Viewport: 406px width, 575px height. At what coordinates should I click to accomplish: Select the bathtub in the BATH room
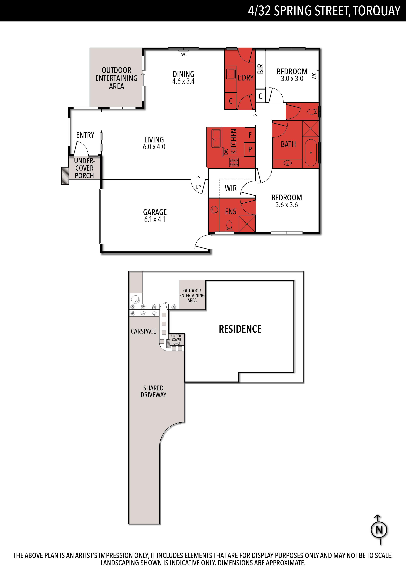coord(311,152)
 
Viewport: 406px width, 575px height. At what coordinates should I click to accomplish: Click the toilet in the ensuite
coord(229,225)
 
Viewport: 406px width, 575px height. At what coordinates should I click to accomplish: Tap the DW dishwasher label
coord(226,151)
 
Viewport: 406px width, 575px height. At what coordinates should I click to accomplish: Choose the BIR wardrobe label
coord(260,69)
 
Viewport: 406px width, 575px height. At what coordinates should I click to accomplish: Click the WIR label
coord(231,188)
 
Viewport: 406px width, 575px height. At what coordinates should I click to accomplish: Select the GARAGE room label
coord(155,212)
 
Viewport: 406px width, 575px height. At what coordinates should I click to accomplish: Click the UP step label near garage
coord(198,187)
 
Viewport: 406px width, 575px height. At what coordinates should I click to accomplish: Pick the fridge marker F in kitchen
coord(250,135)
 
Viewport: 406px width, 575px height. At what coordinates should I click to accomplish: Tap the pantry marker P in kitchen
coord(250,149)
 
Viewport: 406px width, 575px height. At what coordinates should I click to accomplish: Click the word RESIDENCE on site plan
coord(240,329)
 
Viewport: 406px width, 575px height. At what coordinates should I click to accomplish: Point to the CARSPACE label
coord(143,331)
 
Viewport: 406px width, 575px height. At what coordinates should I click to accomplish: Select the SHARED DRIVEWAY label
coord(153,391)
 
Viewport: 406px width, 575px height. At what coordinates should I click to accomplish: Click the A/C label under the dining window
coord(183,54)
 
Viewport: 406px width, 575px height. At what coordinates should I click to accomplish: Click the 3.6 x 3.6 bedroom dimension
coord(287,205)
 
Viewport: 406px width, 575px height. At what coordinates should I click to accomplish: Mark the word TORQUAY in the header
coord(377,11)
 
